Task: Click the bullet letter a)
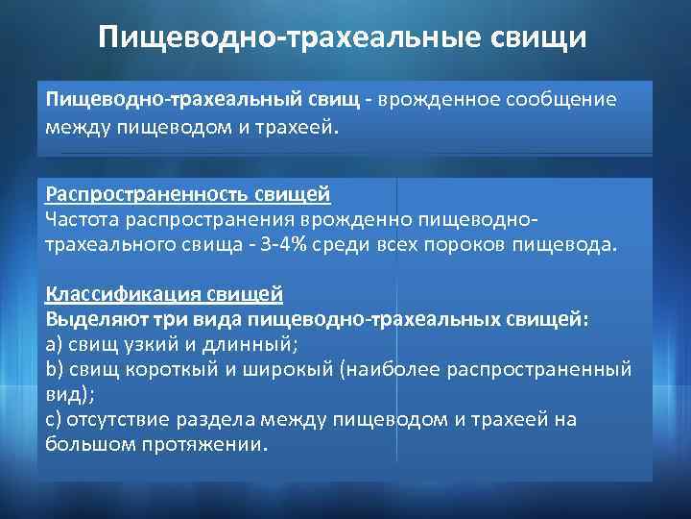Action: (54, 344)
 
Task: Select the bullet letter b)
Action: (54, 369)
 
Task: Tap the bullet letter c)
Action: (54, 419)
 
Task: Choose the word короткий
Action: (163, 369)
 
